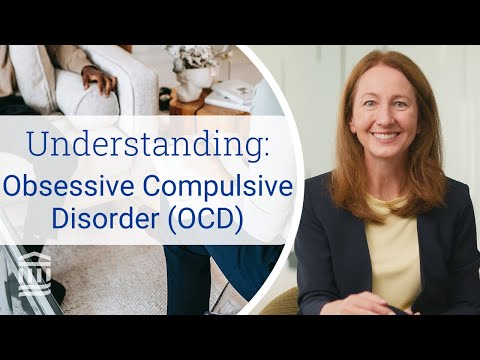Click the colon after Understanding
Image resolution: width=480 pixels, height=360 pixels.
pyautogui.click(x=267, y=146)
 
